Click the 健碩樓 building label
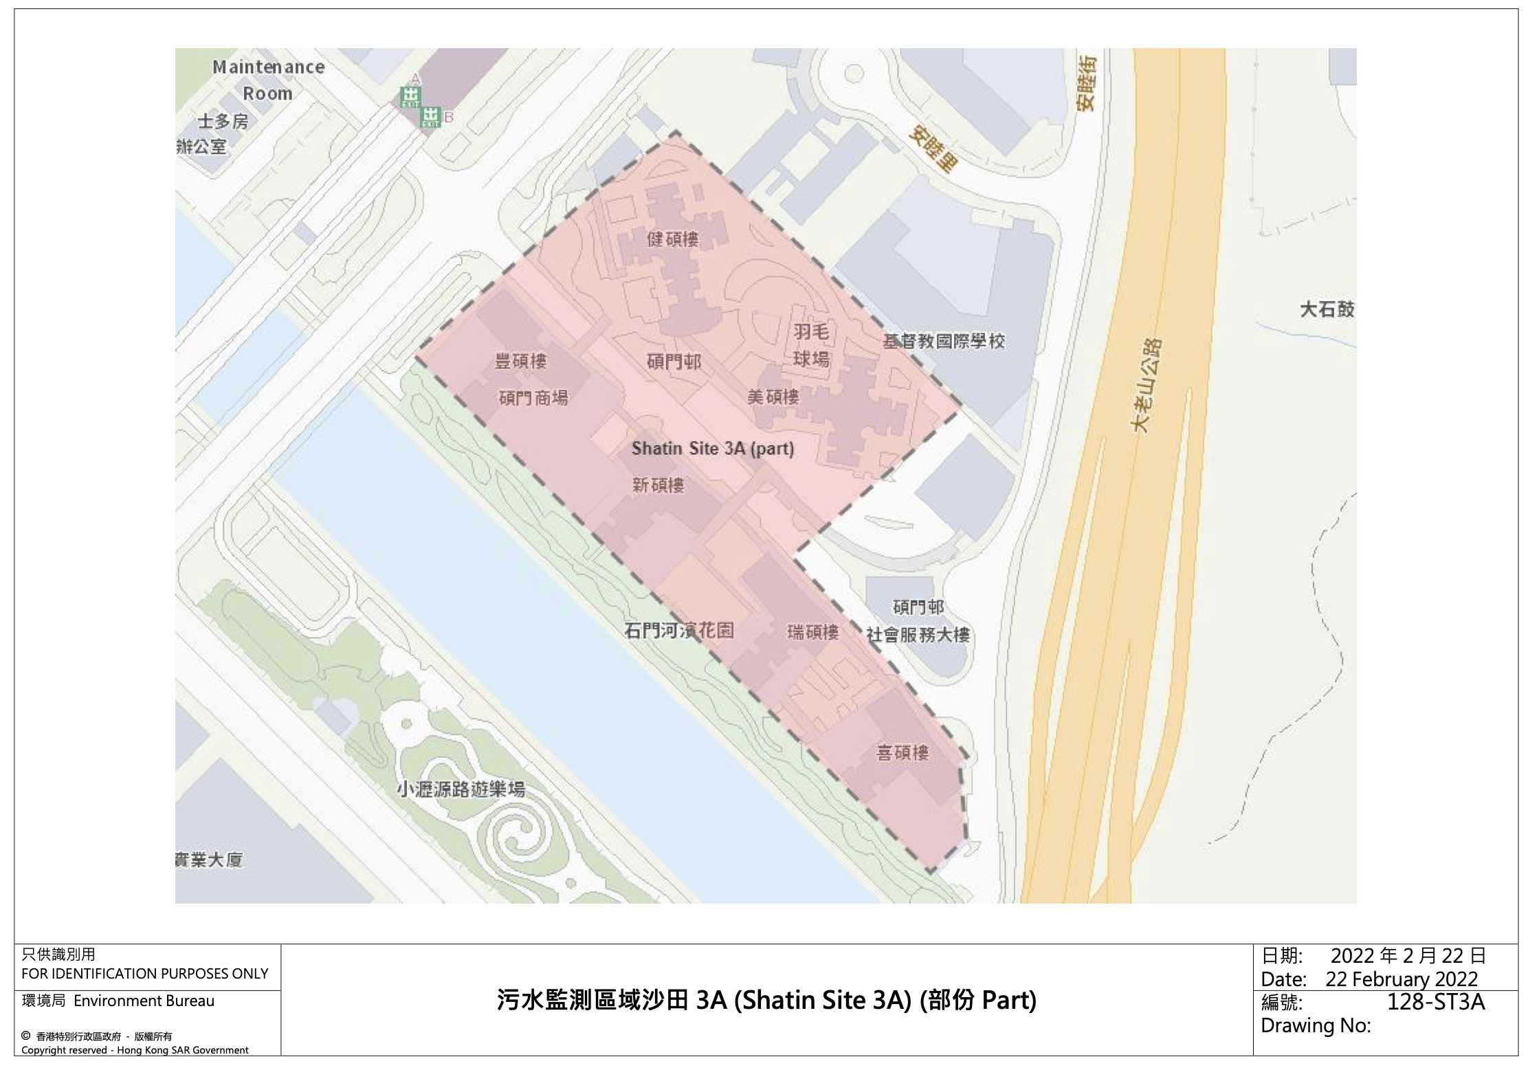click(x=672, y=239)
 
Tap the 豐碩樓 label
click(x=520, y=361)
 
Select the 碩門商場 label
click(x=533, y=398)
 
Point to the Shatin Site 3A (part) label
click(x=713, y=449)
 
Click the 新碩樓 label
click(x=658, y=486)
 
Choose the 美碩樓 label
click(x=773, y=397)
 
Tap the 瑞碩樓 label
click(x=813, y=632)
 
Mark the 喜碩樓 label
click(x=903, y=753)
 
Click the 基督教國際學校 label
click(x=944, y=341)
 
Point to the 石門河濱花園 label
click(x=679, y=630)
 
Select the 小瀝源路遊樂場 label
click(x=461, y=789)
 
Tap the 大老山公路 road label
click(x=1147, y=385)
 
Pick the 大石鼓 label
click(x=1327, y=309)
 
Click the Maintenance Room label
click(x=267, y=80)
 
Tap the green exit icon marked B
click(x=431, y=117)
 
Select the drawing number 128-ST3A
click(x=1435, y=1002)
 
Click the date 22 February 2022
click(x=1402, y=979)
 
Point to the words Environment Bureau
click(x=144, y=1001)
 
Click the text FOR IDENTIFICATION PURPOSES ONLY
click(x=144, y=973)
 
